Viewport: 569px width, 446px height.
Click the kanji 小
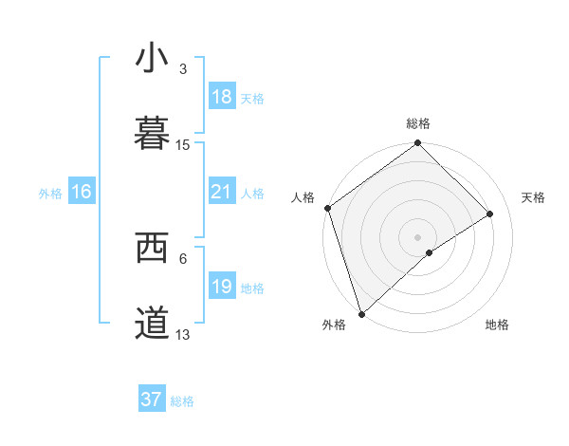[153, 58]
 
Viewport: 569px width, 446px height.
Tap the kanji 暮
[153, 134]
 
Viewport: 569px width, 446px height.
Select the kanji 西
[153, 248]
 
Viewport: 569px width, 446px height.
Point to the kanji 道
[153, 324]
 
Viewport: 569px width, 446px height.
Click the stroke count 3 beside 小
[183, 69]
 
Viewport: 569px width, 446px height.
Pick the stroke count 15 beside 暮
[183, 145]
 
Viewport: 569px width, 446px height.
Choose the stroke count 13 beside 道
[183, 335]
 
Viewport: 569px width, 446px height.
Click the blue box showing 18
[221, 97]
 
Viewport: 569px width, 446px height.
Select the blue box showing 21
[221, 192]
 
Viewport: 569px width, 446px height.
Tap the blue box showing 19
[221, 287]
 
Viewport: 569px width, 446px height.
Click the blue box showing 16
[82, 192]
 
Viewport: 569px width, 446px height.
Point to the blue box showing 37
[152, 400]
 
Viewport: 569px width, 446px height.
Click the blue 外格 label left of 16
[50, 193]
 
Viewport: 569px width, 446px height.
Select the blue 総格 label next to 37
[182, 401]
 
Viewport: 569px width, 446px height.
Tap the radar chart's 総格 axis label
[418, 123]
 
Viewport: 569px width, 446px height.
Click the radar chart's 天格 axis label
[534, 197]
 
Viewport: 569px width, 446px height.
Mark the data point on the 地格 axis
[430, 252]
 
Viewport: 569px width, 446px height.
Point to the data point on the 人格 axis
[327, 208]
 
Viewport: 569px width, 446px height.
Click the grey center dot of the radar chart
[418, 237]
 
